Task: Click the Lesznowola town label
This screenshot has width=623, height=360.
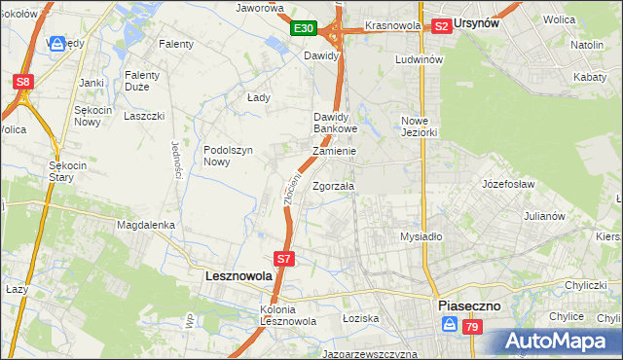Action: point(238,276)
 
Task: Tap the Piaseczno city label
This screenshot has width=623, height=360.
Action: point(468,305)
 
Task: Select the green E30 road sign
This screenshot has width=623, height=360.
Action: point(304,29)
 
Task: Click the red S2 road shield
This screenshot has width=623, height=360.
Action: point(441,26)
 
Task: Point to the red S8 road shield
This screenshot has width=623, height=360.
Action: point(23,82)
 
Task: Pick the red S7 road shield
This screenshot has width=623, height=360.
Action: point(283,259)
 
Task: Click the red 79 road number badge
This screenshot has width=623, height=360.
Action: point(471,329)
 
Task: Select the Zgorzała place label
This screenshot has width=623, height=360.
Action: point(334,186)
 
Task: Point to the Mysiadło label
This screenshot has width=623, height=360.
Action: point(421,236)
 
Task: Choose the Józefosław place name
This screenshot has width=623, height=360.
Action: point(507,183)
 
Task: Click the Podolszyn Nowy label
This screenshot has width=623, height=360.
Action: point(229,156)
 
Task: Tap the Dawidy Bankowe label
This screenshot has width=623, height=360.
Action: point(336,123)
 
